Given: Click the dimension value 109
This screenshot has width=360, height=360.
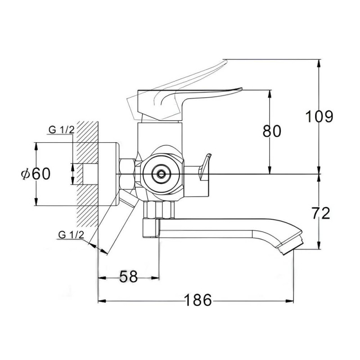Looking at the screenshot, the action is click(x=319, y=117).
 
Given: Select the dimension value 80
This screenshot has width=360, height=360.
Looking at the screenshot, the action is click(x=272, y=131).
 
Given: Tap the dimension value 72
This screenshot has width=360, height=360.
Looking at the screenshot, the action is click(x=321, y=213).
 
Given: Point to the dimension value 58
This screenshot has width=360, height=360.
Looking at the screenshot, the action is click(x=129, y=276).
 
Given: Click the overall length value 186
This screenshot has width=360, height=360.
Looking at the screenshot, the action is click(x=198, y=300).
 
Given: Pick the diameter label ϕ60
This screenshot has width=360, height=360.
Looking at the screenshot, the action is click(x=36, y=174).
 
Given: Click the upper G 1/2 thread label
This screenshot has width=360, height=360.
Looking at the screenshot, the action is click(x=62, y=130).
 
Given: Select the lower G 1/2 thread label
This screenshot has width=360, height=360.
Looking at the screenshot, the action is click(x=71, y=235).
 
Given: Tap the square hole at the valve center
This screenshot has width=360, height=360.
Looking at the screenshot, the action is click(x=161, y=174).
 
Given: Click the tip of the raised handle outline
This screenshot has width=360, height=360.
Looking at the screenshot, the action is click(x=225, y=61).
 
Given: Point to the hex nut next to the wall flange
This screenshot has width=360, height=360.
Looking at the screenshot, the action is click(x=127, y=174).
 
